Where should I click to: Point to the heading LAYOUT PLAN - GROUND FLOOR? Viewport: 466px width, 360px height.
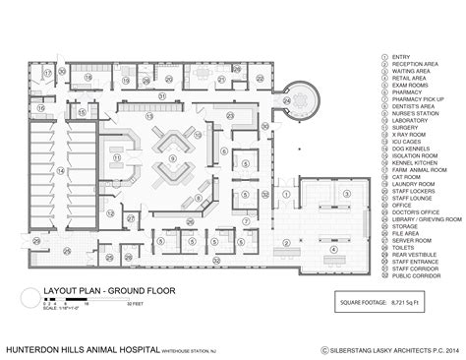pyautogui.click(x=93, y=291)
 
